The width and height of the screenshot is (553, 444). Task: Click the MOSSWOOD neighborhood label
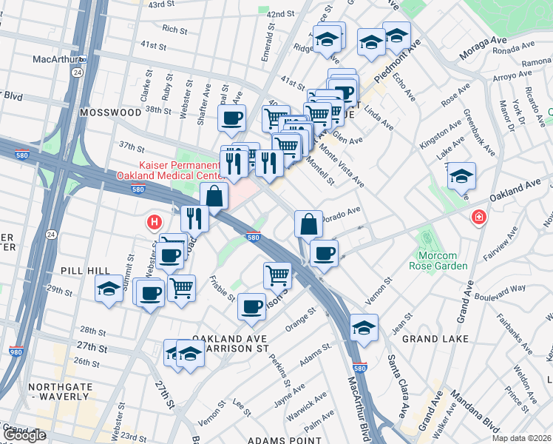pyautogui.click(x=112, y=112)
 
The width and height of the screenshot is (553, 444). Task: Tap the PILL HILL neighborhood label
pyautogui.click(x=86, y=271)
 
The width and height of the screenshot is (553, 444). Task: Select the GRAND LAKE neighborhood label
pyautogui.click(x=432, y=338)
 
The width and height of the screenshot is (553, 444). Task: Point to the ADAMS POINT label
pyautogui.click(x=285, y=440)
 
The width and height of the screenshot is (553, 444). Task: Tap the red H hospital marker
pyautogui.click(x=154, y=221)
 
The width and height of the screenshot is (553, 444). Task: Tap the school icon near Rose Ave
pyautogui.click(x=462, y=175)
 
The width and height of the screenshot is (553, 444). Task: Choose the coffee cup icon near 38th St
pyautogui.click(x=231, y=117)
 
